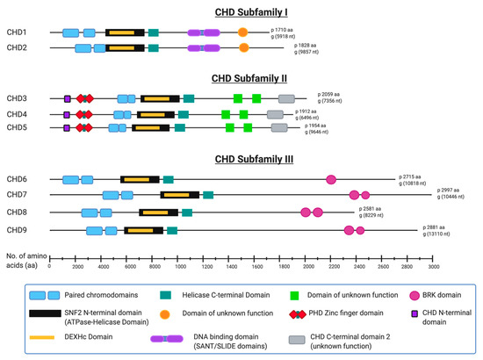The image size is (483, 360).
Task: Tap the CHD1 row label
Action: tap(18, 32)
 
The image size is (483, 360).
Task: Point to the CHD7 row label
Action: tap(18, 195)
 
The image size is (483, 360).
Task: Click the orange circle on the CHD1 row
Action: tap(243, 32)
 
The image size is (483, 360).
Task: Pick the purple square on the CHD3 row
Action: tap(67, 99)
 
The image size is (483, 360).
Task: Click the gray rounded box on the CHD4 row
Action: tap(275, 114)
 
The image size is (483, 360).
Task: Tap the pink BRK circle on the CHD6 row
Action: tap(331, 180)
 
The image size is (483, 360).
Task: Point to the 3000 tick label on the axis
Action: tap(433, 266)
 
